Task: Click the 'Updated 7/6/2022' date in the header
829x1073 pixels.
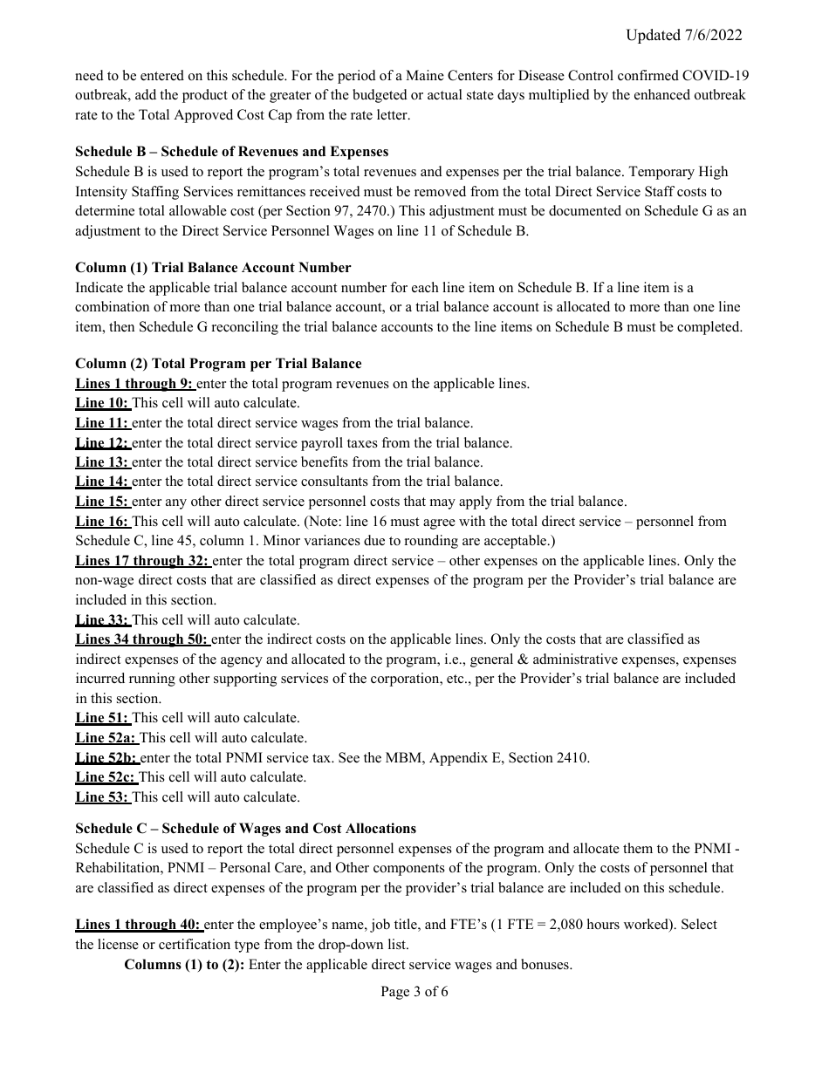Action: [x=683, y=35]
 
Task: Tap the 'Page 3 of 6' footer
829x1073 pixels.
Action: [x=414, y=992]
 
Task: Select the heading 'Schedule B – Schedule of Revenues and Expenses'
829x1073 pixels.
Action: [x=231, y=152]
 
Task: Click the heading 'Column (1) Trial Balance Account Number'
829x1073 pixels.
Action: [x=213, y=268]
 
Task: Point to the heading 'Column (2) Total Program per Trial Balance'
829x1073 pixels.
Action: [x=218, y=364]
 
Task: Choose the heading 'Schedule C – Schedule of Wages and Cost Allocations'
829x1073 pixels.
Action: [x=245, y=829]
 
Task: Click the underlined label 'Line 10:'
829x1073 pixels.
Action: [x=102, y=403]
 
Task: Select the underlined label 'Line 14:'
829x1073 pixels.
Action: [x=102, y=482]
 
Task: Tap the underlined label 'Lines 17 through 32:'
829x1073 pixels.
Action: [x=142, y=561]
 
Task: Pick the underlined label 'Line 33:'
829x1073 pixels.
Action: [x=102, y=620]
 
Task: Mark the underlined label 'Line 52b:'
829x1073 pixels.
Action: [x=106, y=758]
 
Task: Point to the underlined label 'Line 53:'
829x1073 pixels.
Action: [x=102, y=797]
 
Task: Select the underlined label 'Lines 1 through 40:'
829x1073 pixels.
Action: [x=138, y=925]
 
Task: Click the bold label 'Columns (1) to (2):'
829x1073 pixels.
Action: [x=184, y=965]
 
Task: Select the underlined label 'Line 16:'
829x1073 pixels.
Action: [x=102, y=522]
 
